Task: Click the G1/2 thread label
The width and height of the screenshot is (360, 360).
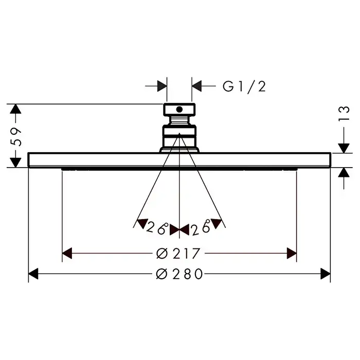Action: pyautogui.click(x=244, y=86)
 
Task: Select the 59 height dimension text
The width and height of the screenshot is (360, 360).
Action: pyautogui.click(x=16, y=136)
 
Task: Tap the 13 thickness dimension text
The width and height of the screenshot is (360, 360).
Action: pyautogui.click(x=344, y=113)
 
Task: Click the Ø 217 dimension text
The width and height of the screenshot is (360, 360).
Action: pyautogui.click(x=178, y=254)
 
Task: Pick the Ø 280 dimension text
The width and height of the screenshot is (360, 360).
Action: pyautogui.click(x=179, y=274)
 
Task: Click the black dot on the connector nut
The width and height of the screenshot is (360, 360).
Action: pyautogui.click(x=179, y=110)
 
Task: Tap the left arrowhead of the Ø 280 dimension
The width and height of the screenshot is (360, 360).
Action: pyautogui.click(x=33, y=274)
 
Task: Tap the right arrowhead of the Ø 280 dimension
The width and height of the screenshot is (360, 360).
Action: pyautogui.click(x=326, y=274)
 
